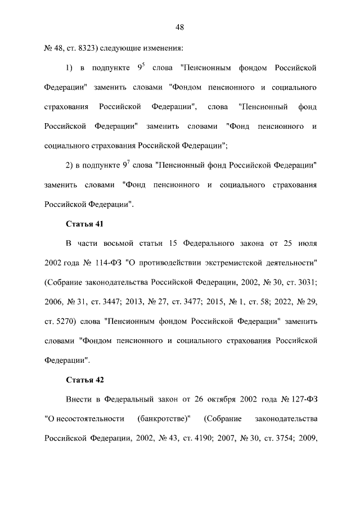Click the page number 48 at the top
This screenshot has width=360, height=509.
point(180,26)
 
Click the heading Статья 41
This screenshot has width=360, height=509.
point(85,224)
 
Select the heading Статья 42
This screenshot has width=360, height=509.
point(85,380)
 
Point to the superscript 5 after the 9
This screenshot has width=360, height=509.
point(145,65)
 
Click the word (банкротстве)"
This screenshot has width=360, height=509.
point(164,418)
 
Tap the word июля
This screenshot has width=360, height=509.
point(307,244)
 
